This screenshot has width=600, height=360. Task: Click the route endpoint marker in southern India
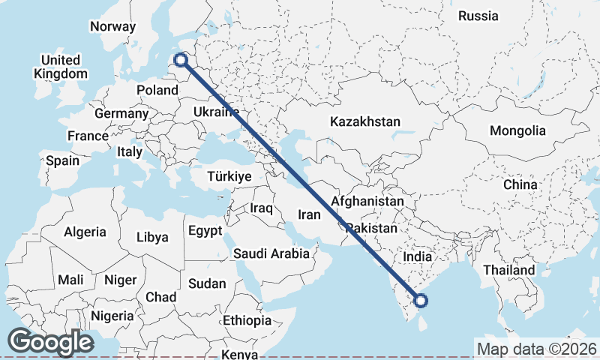click(421, 301)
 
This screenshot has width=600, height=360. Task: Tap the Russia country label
click(478, 16)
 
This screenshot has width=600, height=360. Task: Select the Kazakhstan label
click(365, 121)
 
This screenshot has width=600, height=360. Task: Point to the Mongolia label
click(517, 130)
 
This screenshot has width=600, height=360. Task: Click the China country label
click(520, 184)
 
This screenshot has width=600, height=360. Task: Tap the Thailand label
click(509, 270)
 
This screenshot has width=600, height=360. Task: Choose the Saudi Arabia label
click(271, 253)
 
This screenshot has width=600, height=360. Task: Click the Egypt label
click(205, 230)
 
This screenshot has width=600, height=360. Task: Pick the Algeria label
click(85, 232)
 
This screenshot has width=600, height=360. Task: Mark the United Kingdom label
click(61, 67)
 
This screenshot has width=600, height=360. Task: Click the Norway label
click(112, 26)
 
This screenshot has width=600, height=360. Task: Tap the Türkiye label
click(229, 177)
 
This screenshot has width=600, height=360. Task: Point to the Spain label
click(62, 160)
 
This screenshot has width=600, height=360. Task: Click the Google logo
click(50, 342)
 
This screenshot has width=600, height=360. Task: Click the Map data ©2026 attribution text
click(537, 349)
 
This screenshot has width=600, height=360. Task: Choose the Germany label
click(121, 113)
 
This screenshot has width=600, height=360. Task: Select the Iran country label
click(310, 214)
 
